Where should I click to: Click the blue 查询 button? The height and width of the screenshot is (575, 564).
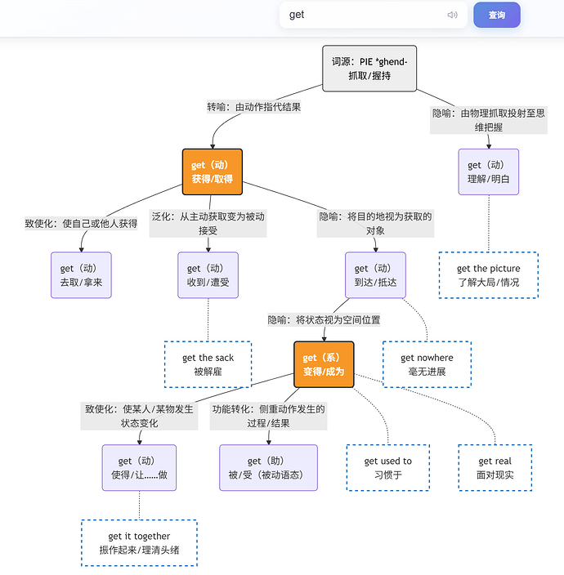[x=496, y=15]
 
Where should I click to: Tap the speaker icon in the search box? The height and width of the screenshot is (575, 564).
[x=452, y=15]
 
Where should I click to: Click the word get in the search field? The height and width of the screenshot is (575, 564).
[x=297, y=15]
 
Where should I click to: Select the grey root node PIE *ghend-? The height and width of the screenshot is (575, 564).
[x=369, y=69]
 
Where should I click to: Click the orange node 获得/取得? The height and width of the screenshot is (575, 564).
[x=213, y=172]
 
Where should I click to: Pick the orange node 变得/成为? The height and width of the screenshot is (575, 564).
[x=324, y=364]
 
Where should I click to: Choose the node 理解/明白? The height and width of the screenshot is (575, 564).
[x=489, y=172]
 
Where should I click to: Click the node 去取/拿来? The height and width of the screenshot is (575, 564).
[x=81, y=275]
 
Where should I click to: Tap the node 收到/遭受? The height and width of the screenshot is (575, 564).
[x=208, y=275]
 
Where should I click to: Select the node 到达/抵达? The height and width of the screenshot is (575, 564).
[x=375, y=275]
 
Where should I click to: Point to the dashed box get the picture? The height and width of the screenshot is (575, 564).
[x=489, y=275]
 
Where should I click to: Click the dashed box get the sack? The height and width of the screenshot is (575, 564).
[x=208, y=364]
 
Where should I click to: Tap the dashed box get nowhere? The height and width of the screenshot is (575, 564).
[x=427, y=364]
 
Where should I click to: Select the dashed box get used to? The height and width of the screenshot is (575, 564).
[x=388, y=467]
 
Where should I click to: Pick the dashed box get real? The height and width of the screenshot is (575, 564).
[x=495, y=467]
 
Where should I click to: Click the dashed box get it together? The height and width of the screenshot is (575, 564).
[x=139, y=543]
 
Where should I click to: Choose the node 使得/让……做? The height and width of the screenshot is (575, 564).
[x=139, y=467]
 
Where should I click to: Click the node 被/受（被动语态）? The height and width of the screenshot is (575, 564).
[x=268, y=467]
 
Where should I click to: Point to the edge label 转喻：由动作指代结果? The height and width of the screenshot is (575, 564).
[x=254, y=107]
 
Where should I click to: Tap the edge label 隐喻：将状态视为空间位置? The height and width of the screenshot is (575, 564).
[x=324, y=320]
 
